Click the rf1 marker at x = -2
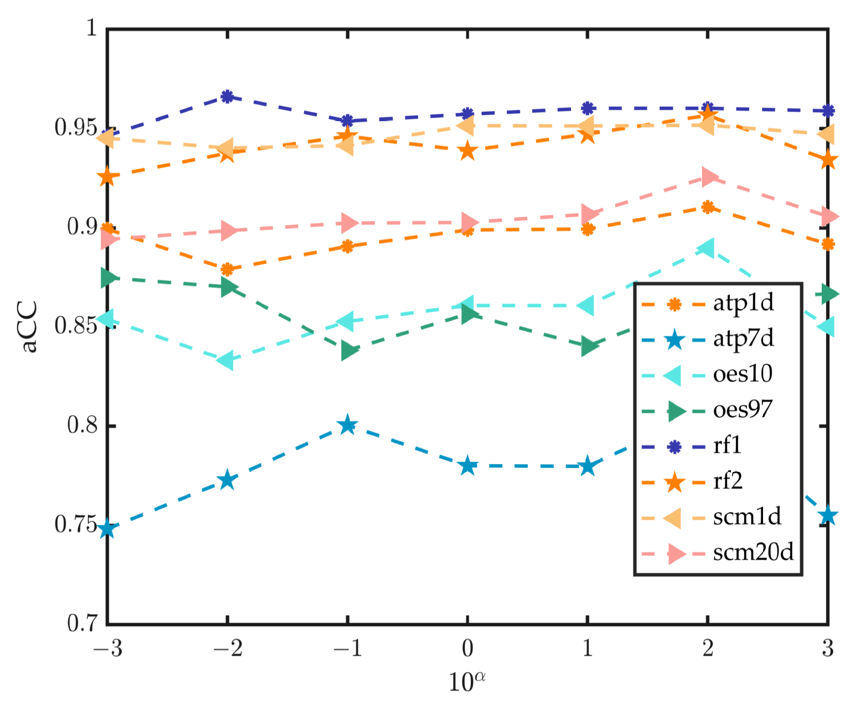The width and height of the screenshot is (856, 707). point(227,96)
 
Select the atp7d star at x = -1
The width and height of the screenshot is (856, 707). point(347,425)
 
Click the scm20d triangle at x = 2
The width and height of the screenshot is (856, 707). point(708,177)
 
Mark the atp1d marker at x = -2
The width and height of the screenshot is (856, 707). point(227,269)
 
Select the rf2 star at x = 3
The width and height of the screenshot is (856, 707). point(828,160)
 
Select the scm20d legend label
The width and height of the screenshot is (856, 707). point(753,552)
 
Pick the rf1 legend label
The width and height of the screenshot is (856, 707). point(727,445)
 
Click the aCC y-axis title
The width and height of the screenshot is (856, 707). point(29,326)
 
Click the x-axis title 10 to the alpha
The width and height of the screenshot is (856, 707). point(466,681)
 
